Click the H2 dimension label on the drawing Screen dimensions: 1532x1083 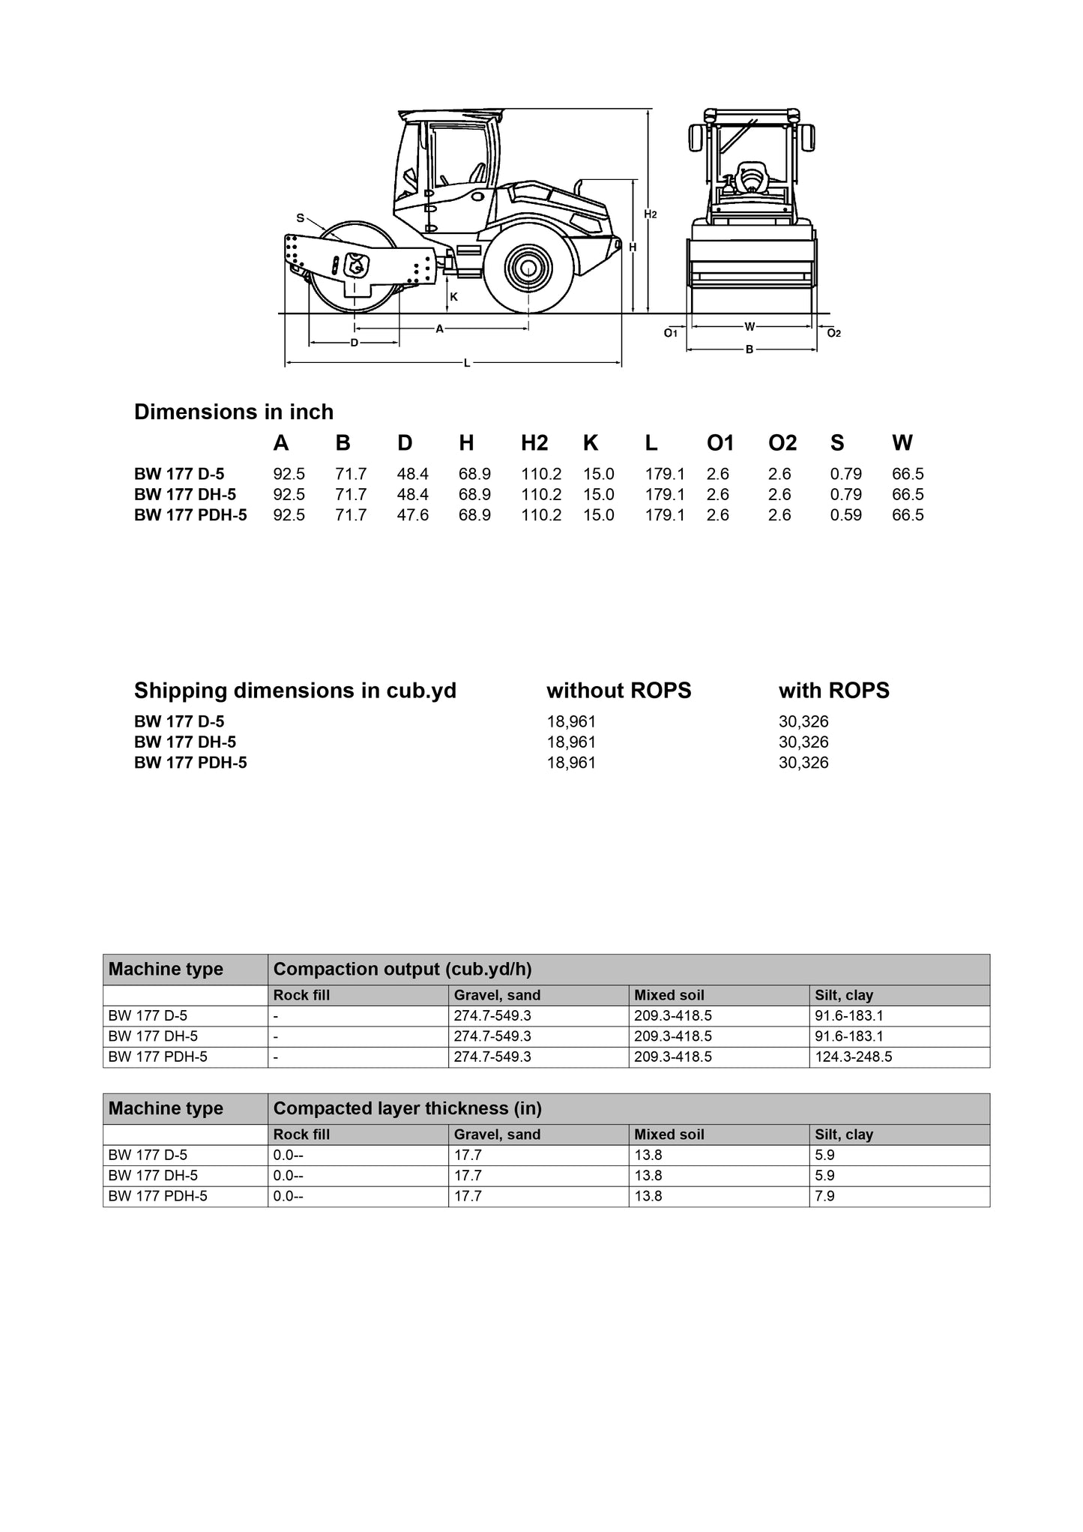[651, 214]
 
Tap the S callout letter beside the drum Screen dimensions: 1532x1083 [300, 218]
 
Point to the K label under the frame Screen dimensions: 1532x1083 [453, 297]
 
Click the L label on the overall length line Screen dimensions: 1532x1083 [466, 364]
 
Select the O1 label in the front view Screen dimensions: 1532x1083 [671, 333]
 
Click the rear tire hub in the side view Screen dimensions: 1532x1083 [528, 268]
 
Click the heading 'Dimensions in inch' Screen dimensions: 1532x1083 [234, 412]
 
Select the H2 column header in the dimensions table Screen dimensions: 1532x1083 [534, 443]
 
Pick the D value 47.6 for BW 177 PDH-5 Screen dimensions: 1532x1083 [413, 515]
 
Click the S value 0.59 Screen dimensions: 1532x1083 [845, 515]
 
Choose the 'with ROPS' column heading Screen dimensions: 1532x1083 [833, 690]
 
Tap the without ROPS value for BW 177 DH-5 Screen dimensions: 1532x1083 [571, 742]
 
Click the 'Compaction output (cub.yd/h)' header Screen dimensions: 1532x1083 [402, 969]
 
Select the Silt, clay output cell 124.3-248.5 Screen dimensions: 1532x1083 [854, 1057]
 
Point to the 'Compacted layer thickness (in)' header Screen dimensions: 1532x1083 [407, 1108]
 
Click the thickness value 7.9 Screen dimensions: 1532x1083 [824, 1196]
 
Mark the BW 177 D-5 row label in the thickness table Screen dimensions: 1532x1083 [148, 1155]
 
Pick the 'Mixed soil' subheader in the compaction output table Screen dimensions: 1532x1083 [669, 995]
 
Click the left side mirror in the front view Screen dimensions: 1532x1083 [696, 137]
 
